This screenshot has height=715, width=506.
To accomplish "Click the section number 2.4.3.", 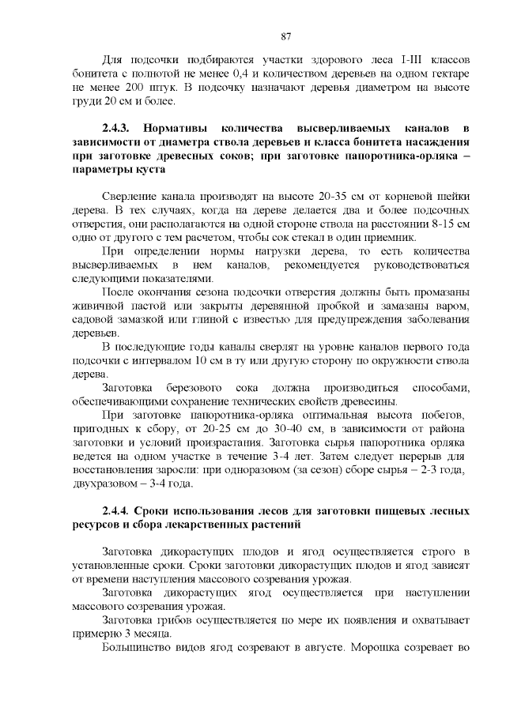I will click(x=120, y=127).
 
